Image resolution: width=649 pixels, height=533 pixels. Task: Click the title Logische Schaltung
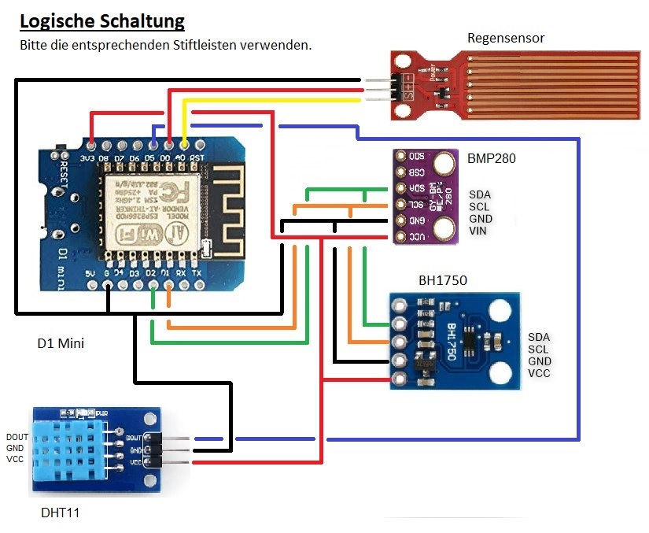[102, 21]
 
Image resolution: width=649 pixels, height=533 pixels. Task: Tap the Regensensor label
[506, 38]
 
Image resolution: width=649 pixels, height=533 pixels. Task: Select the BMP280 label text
[491, 158]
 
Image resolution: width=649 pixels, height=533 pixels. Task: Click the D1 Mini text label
[61, 343]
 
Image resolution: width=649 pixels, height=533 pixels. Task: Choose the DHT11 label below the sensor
[60, 513]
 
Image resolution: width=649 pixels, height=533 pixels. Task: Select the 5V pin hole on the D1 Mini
[91, 286]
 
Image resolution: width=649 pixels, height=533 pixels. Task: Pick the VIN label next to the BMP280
[478, 231]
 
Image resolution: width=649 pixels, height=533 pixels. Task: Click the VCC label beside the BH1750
[539, 373]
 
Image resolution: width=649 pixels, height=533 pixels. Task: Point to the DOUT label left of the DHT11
[17, 437]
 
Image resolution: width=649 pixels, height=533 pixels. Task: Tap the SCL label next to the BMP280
[479, 207]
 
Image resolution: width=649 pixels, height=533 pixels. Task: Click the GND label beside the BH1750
[540, 361]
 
